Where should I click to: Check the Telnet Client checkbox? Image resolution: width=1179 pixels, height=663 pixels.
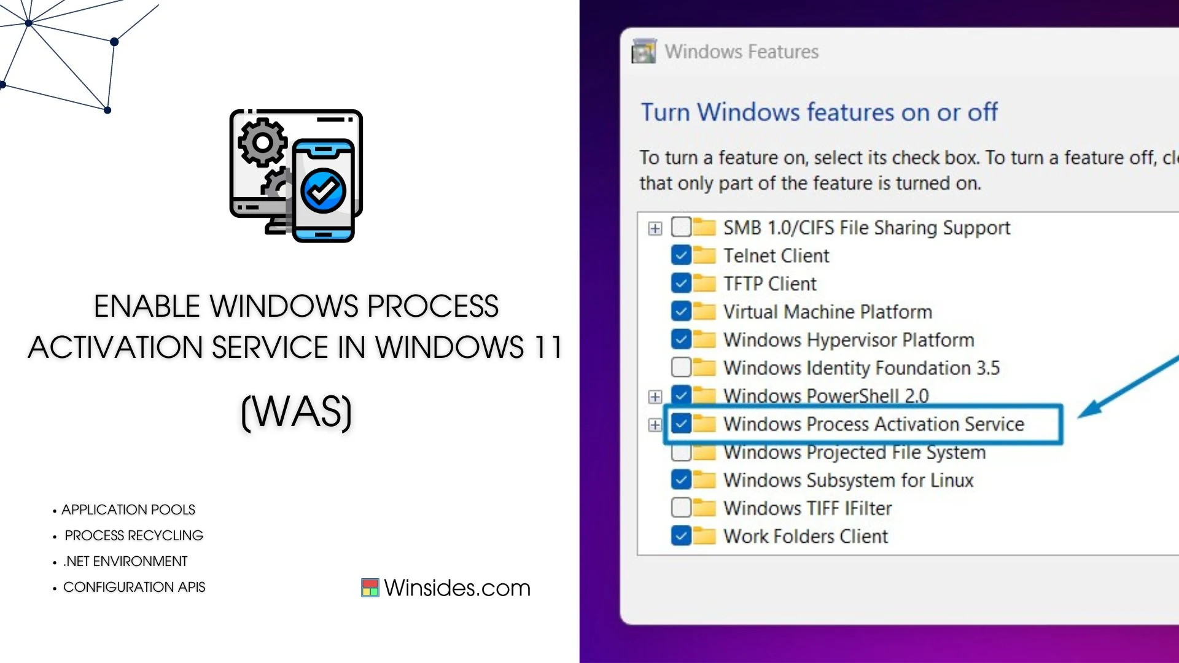pyautogui.click(x=681, y=255)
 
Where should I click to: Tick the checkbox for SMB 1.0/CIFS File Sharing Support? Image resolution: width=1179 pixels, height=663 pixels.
pyautogui.click(x=681, y=227)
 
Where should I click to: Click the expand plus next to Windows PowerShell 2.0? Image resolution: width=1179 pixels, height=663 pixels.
pyautogui.click(x=655, y=397)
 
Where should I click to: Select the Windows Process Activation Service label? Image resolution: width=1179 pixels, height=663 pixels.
pyautogui.click(x=874, y=424)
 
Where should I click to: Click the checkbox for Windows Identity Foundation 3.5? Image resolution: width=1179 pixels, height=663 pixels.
pyautogui.click(x=681, y=367)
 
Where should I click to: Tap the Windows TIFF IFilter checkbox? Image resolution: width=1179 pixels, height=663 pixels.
pyautogui.click(x=681, y=508)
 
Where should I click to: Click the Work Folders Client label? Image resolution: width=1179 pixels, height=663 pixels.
pyautogui.click(x=806, y=536)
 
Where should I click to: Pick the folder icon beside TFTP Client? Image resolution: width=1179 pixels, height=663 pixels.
pyautogui.click(x=704, y=283)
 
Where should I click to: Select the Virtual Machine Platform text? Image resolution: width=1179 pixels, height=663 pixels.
pyautogui.click(x=828, y=312)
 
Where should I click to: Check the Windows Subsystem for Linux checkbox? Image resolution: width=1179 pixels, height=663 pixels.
pyautogui.click(x=681, y=479)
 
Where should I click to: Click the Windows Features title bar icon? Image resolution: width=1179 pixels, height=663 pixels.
pyautogui.click(x=644, y=52)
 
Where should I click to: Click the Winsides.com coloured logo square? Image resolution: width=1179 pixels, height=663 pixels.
pyautogui.click(x=370, y=587)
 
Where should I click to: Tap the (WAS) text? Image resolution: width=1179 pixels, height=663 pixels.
pyautogui.click(x=297, y=411)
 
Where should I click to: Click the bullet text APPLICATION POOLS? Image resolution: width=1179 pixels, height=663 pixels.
pyautogui.click(x=128, y=510)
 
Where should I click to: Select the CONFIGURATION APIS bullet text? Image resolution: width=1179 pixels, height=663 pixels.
pyautogui.click(x=134, y=587)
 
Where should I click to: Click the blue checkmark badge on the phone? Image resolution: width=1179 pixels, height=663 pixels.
pyautogui.click(x=323, y=191)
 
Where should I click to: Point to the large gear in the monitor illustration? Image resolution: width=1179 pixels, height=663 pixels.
pyautogui.click(x=263, y=142)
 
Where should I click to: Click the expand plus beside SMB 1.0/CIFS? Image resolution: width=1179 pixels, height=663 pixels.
pyautogui.click(x=655, y=228)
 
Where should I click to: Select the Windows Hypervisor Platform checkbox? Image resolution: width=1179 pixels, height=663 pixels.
pyautogui.click(x=681, y=339)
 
